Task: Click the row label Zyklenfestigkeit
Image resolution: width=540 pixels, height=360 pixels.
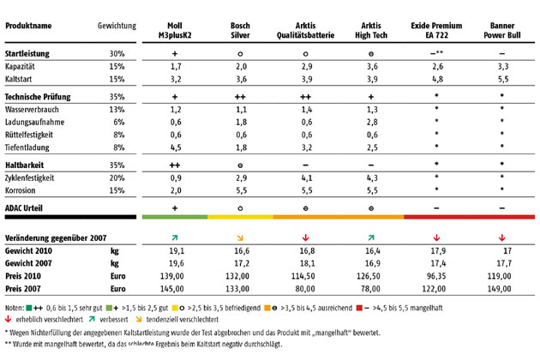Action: pos(35,177)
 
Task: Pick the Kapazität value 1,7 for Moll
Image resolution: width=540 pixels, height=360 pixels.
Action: pos(175,65)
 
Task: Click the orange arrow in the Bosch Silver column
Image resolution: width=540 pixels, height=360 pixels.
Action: pos(241,237)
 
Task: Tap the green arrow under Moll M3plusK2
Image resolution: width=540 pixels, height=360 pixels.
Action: pos(175,237)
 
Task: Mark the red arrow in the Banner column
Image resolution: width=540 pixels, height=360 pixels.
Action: pos(503,237)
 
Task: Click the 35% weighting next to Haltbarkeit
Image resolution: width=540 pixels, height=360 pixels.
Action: pos(117,163)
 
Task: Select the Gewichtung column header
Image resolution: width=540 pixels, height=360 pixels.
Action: pos(117,27)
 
